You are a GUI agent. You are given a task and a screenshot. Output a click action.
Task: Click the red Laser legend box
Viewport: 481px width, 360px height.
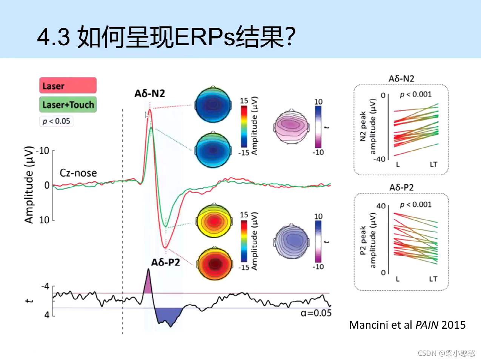tap(68, 86)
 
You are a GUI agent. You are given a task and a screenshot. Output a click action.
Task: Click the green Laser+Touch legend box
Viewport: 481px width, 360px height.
tap(68, 104)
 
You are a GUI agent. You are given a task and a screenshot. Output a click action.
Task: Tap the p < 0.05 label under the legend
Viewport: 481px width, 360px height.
tap(56, 121)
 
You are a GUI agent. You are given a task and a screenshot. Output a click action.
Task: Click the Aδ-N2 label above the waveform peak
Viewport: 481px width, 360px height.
tap(150, 93)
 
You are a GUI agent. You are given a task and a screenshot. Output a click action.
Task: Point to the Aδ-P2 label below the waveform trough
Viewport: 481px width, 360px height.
tap(165, 262)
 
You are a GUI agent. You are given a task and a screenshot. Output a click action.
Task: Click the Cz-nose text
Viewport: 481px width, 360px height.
tap(78, 173)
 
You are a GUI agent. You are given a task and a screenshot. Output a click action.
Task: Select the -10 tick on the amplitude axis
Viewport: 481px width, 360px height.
tap(43, 151)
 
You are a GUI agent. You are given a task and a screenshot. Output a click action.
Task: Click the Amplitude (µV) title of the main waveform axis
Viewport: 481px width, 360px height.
tap(29, 185)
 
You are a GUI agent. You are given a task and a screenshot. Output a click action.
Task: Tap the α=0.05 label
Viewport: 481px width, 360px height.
tap(316, 313)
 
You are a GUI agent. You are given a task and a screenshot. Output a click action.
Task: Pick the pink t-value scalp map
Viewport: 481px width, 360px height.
tap(290, 126)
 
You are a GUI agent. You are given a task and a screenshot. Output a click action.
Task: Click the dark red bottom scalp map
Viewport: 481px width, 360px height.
tap(214, 263)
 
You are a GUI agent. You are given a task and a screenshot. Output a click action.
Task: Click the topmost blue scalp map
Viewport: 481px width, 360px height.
tap(213, 105)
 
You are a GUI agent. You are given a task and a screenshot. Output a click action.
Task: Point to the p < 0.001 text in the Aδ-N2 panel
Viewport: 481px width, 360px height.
tap(415, 94)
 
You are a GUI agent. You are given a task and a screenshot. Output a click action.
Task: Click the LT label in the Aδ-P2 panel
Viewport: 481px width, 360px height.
tap(433, 279)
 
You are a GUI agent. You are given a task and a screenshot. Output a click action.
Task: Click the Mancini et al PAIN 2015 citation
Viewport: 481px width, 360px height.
tap(407, 325)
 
